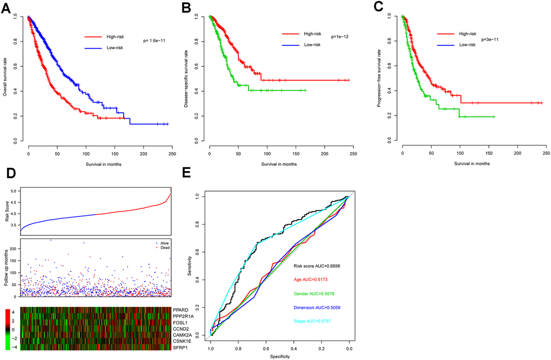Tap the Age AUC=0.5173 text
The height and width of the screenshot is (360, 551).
310,279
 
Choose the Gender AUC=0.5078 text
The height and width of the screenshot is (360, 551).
314,294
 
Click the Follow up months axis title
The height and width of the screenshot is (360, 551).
5,267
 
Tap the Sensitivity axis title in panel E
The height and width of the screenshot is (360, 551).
191,266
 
